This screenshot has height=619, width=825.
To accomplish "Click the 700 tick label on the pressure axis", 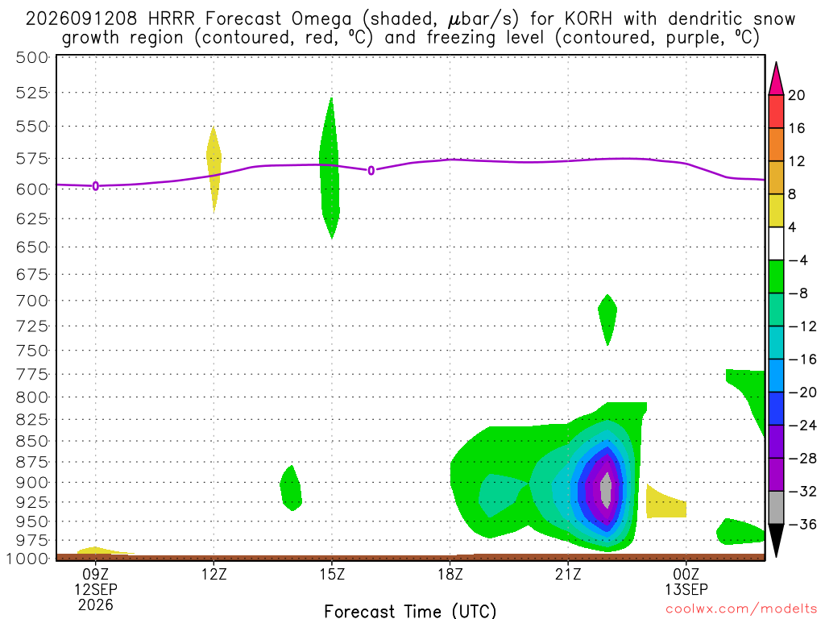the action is pyautogui.click(x=32, y=301).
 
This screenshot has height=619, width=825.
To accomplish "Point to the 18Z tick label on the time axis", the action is pyautogui.click(x=450, y=574).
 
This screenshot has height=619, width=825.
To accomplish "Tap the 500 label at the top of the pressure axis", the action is pyautogui.click(x=32, y=57).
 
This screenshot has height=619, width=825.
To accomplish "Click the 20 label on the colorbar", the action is pyautogui.click(x=797, y=95).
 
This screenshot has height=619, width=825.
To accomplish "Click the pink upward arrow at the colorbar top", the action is pyautogui.click(x=776, y=78).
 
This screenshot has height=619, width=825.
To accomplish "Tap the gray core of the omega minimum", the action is pyautogui.click(x=606, y=490).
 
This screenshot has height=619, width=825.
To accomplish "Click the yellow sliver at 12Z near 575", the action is pyautogui.click(x=213, y=169).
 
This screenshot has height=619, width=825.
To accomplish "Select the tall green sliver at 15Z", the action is pyautogui.click(x=330, y=168).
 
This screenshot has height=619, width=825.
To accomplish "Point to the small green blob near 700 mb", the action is pyautogui.click(x=607, y=319).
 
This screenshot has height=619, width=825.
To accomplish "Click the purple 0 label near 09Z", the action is pyautogui.click(x=95, y=186).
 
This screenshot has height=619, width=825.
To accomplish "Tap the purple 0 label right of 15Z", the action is pyautogui.click(x=371, y=171).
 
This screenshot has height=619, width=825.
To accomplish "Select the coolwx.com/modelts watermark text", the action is pyautogui.click(x=741, y=609).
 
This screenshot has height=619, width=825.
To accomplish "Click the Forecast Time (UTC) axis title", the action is pyautogui.click(x=410, y=611).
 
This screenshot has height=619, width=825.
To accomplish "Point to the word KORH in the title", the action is pyautogui.click(x=588, y=19).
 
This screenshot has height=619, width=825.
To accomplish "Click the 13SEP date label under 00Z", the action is pyautogui.click(x=686, y=589).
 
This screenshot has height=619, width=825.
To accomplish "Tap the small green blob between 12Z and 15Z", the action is pyautogui.click(x=290, y=488).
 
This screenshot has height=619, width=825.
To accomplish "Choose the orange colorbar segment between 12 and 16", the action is pyautogui.click(x=776, y=145).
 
